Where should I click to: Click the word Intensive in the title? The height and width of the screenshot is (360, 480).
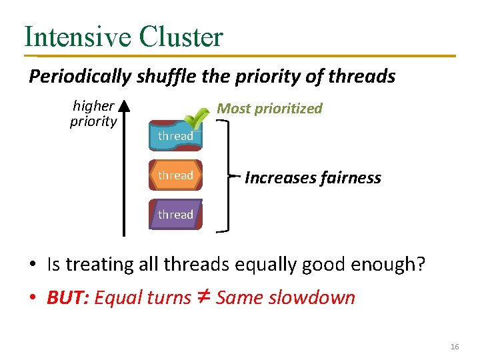(79, 37)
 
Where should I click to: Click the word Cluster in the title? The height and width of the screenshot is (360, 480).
(181, 37)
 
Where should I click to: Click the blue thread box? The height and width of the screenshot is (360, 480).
(175, 136)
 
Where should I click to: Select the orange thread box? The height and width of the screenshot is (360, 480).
(175, 175)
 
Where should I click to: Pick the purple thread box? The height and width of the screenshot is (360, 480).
(175, 215)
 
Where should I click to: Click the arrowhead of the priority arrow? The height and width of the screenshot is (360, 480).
(125, 107)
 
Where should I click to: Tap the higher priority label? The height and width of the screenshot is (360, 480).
(93, 114)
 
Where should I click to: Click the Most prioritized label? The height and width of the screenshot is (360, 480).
(270, 109)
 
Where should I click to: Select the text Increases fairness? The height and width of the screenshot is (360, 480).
(313, 178)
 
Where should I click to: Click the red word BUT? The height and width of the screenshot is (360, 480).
(68, 297)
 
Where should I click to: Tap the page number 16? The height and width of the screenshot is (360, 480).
(455, 347)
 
